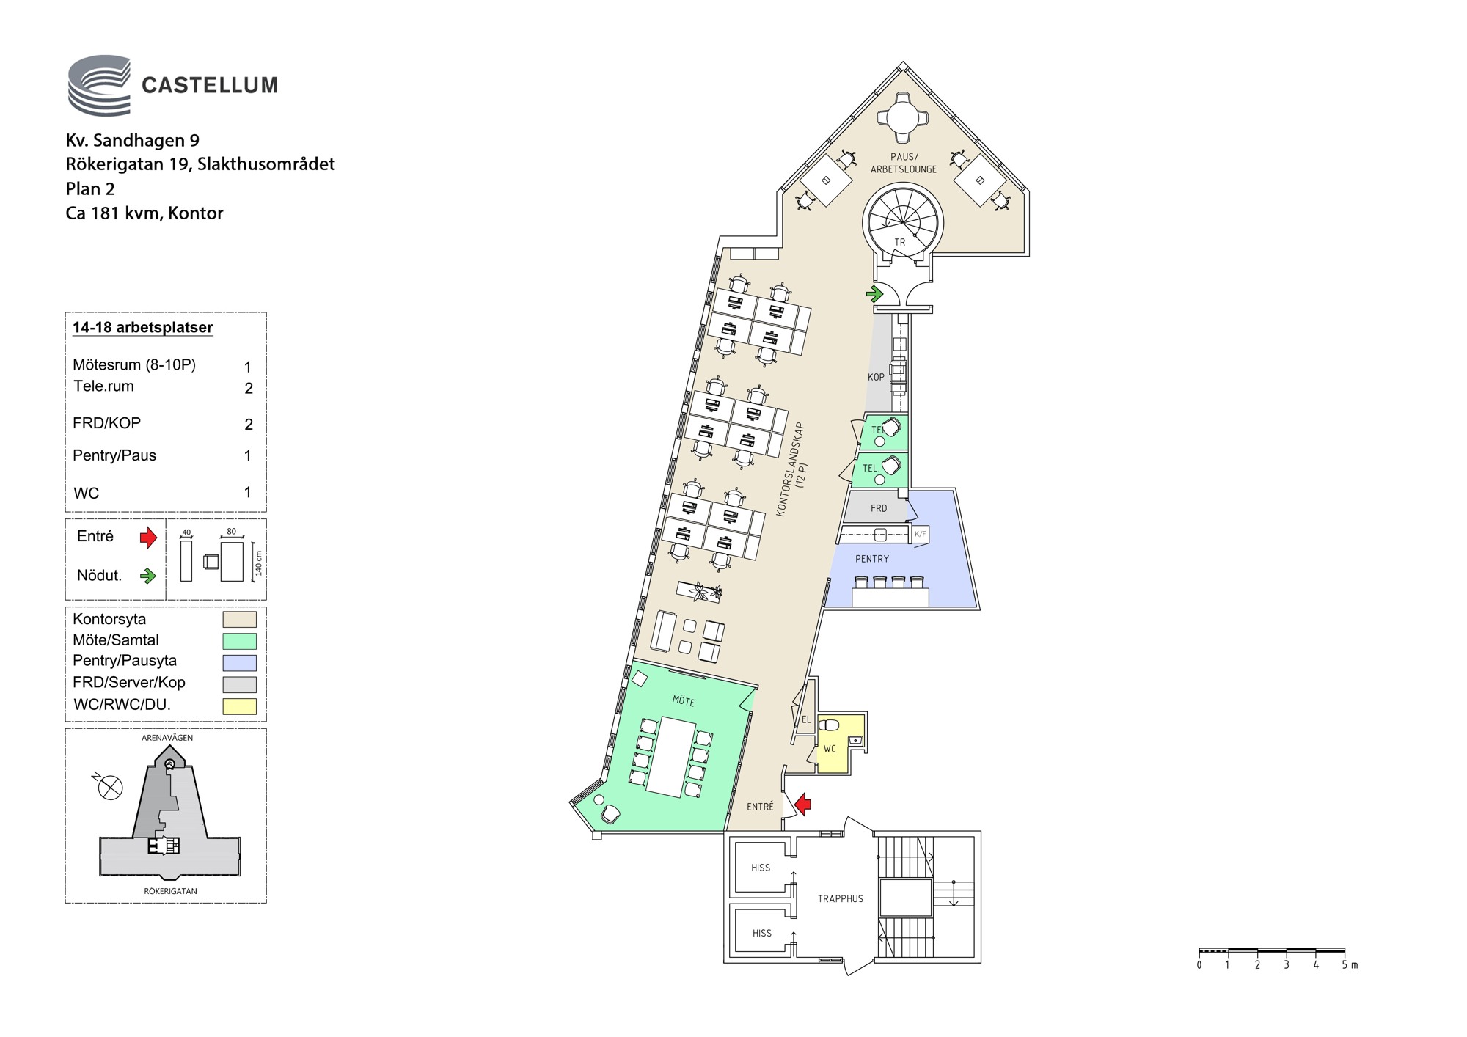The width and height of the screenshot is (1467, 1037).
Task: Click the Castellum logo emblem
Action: tap(99, 85)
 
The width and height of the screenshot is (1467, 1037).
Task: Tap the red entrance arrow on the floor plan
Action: tap(803, 804)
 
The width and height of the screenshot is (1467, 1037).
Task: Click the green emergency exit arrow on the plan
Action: tap(874, 294)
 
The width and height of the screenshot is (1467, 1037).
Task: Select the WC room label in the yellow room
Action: tap(830, 749)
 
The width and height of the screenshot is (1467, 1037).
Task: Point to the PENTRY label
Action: tap(872, 559)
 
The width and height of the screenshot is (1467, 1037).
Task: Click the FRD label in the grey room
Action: tap(879, 508)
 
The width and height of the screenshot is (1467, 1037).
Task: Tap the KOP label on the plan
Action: tap(876, 377)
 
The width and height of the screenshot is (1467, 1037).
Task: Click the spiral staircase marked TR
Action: tap(901, 221)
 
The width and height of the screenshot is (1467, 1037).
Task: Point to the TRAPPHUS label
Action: tap(841, 898)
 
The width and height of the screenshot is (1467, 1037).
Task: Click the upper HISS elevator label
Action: tap(761, 868)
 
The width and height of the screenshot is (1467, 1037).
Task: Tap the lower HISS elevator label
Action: tap(762, 934)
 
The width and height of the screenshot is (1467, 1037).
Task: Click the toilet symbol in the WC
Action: tap(830, 725)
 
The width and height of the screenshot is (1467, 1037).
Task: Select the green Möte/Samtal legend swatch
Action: tap(239, 641)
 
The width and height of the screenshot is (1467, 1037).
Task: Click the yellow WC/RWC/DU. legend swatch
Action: tap(239, 706)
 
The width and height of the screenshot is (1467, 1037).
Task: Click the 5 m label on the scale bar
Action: tap(1350, 965)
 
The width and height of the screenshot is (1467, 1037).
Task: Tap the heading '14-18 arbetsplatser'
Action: tap(143, 328)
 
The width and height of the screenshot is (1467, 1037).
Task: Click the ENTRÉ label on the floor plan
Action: tap(760, 807)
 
